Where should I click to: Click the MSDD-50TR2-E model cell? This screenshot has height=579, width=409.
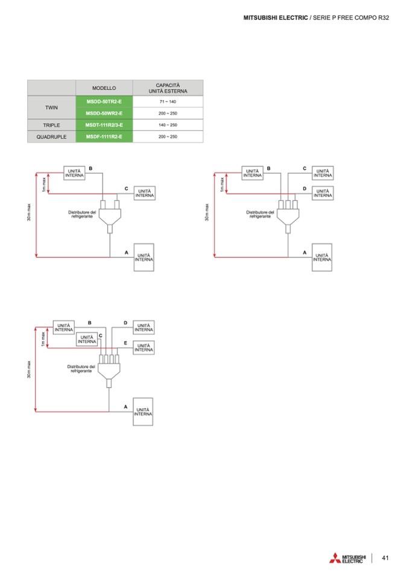pos(104,101)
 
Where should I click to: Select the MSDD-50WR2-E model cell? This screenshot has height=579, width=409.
pos(104,113)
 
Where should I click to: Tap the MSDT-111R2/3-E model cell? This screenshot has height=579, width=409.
pos(104,125)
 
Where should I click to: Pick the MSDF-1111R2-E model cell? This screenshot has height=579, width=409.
pos(104,137)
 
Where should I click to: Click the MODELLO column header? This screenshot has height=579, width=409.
pos(104,88)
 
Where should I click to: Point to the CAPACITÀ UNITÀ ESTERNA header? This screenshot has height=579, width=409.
pos(168,88)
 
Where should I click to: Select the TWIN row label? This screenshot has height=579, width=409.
pos(51,107)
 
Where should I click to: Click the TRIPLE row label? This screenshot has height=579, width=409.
pos(51,125)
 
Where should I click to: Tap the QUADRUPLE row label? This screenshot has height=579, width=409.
pos(51,137)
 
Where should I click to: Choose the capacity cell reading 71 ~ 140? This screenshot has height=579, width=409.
pos(168,101)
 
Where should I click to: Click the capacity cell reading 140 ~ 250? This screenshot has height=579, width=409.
pos(168,125)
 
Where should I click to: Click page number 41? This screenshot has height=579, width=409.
pos(385,558)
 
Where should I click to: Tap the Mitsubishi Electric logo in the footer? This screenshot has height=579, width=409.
pos(347,558)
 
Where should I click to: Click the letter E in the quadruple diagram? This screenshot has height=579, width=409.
pos(125,342)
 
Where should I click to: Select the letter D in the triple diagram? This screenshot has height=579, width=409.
pos(304,188)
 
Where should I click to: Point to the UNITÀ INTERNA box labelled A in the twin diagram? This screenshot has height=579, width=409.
pos(144,258)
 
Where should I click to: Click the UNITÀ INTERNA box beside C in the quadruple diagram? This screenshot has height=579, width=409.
pos(86,339)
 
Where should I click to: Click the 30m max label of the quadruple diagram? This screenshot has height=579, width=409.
pos(29,368)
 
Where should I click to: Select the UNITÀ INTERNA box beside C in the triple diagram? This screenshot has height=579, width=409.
pos(322,172)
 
